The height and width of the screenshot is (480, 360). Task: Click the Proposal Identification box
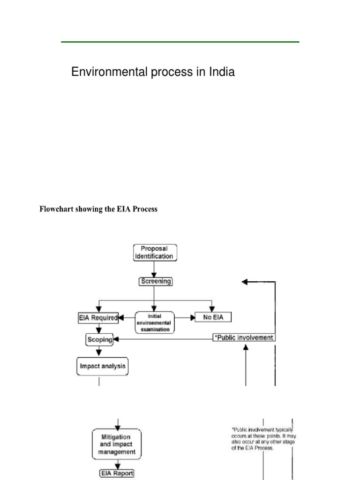pos(155,252)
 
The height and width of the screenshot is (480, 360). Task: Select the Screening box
pos(156,282)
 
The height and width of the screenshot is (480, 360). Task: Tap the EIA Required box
pos(97,318)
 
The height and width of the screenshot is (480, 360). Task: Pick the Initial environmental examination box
pos(155,322)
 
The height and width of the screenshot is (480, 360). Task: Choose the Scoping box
pos(99,339)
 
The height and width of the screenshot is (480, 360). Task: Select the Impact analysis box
pos(102,366)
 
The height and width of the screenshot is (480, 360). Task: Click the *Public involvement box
pos(244,337)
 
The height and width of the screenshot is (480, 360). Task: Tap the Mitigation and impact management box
pos(117,444)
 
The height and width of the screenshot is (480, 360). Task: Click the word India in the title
pos(220,72)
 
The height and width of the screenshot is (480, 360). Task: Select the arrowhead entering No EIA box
pos(192,317)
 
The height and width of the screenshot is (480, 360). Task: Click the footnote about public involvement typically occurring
pos(263,438)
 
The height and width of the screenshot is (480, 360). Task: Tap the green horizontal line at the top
pos(180,42)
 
